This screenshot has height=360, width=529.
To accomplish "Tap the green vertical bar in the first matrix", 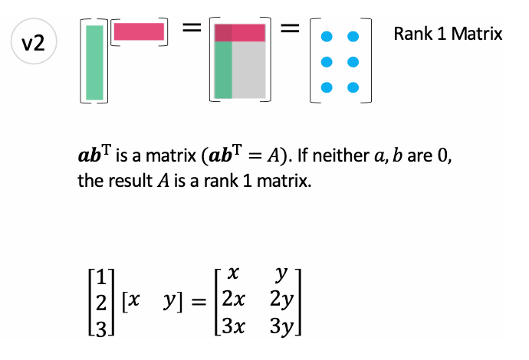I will click(x=94, y=62).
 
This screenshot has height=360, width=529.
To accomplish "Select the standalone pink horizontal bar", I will click(x=139, y=31).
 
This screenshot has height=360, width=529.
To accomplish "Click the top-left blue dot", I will click(x=328, y=36).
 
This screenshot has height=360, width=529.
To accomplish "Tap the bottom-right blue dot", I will click(x=353, y=87).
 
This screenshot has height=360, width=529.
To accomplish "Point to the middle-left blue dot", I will click(x=328, y=61).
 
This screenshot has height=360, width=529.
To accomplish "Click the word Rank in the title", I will click(x=412, y=34).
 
